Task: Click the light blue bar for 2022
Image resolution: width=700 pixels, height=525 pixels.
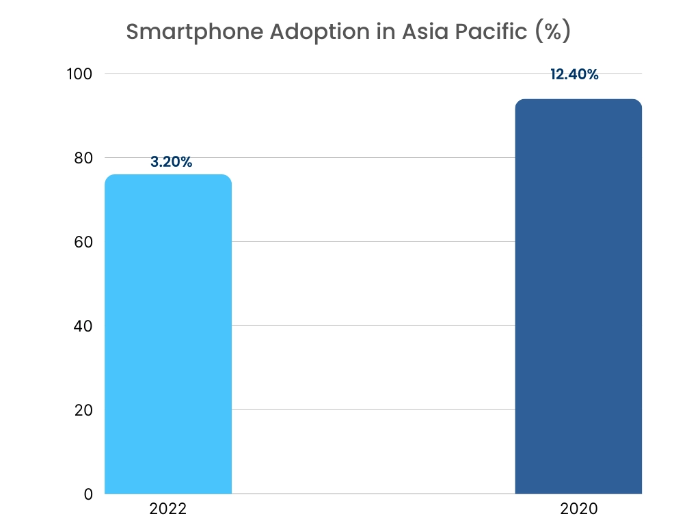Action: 168,334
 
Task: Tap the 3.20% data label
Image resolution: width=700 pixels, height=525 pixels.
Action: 171,163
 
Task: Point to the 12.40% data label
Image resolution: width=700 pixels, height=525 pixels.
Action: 574,75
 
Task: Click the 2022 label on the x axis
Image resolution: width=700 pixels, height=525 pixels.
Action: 167,509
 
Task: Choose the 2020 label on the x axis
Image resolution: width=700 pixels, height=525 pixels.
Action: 578,509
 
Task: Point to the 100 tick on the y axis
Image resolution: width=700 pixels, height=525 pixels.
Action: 80,74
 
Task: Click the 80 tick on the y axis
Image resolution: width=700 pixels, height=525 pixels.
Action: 83,158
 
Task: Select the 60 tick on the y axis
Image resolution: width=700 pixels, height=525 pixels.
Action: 83,242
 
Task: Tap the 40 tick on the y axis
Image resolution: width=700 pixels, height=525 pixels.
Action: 83,326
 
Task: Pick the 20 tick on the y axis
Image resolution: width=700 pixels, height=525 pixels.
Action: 83,410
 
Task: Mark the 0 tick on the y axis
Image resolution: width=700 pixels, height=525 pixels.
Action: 87,494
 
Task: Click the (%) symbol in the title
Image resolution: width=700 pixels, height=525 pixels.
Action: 552,32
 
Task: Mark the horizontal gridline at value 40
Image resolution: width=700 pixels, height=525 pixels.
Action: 373,326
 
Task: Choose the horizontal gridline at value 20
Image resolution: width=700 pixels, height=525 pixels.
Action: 373,410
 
